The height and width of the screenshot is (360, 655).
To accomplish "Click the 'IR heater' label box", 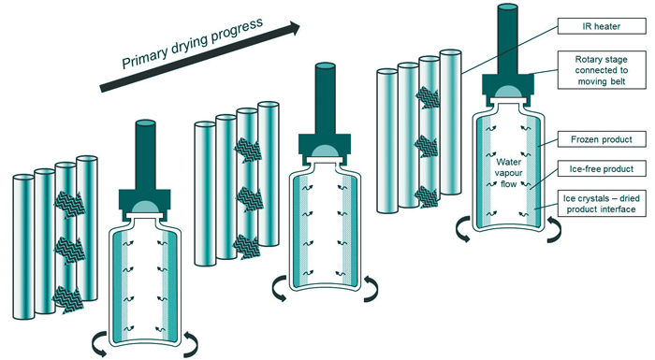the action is click(x=602, y=26).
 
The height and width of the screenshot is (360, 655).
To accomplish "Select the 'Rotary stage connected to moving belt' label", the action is click(x=602, y=70).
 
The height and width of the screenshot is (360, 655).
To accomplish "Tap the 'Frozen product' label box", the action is click(x=602, y=139).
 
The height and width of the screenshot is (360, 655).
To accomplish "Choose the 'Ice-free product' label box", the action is click(x=602, y=169).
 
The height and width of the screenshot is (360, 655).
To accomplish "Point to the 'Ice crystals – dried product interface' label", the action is click(x=602, y=204).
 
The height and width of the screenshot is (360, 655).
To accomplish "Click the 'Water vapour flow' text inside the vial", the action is click(x=508, y=173).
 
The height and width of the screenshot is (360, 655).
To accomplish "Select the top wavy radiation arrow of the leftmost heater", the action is click(x=69, y=204).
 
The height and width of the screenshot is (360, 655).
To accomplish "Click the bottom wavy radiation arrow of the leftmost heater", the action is click(x=67, y=299).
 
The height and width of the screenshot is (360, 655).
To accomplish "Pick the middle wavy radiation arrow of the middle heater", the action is click(x=249, y=199).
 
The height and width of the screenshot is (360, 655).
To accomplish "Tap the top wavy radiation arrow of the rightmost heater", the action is click(x=427, y=97).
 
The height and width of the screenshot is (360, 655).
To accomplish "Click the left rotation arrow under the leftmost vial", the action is click(x=99, y=344).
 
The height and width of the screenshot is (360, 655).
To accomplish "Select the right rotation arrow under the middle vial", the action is click(x=371, y=288).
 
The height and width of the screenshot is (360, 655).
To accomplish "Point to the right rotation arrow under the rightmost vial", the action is click(x=554, y=229).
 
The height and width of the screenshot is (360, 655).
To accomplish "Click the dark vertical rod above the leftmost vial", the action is click(x=145, y=155).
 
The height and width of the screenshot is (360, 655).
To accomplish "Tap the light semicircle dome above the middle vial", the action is click(x=324, y=151).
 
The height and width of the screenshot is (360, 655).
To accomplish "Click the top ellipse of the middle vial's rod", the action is click(x=325, y=66).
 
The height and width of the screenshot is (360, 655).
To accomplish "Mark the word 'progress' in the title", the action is click(x=237, y=31).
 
